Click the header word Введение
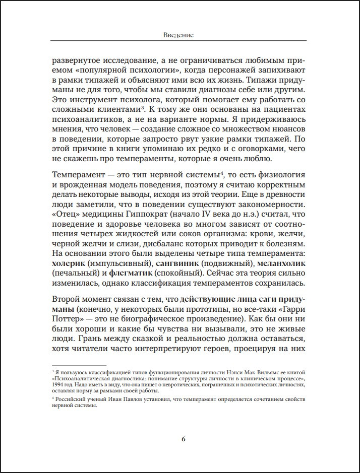pos(179,35)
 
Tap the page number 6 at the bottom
pos(184,439)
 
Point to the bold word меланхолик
pos(283,263)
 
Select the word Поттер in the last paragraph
pos(67,319)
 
